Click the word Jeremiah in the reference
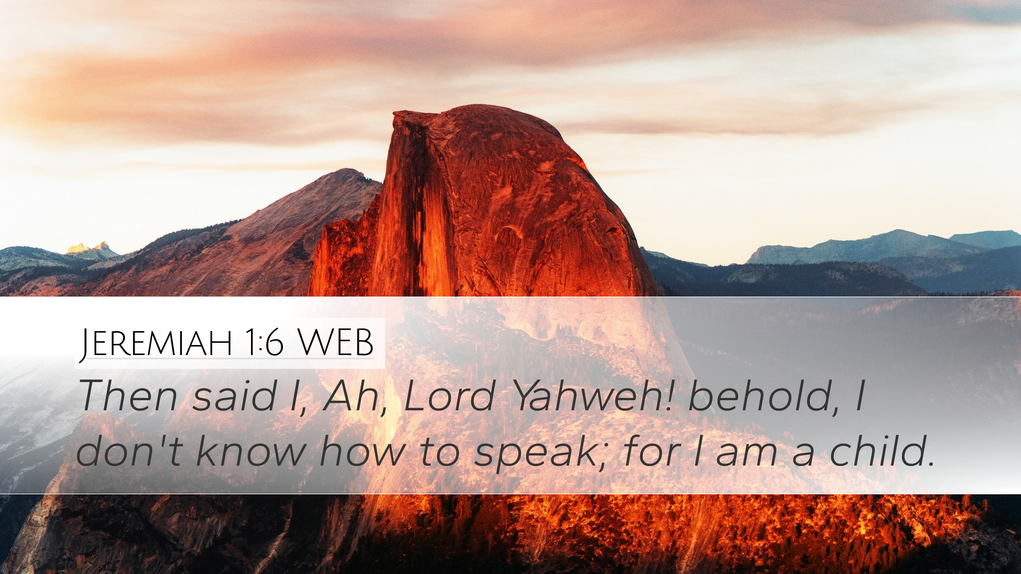[155, 343]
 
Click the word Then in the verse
[128, 396]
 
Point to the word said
[235, 396]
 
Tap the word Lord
[449, 396]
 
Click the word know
[251, 451]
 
